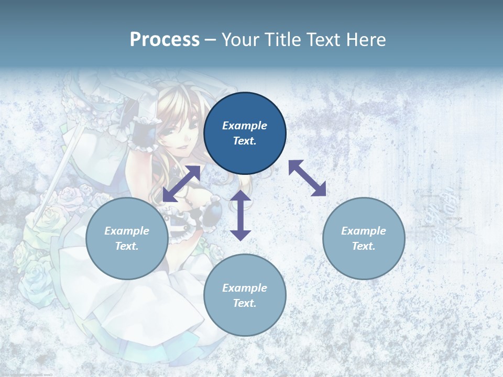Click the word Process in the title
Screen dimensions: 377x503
(165, 40)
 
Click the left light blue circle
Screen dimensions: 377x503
(127, 238)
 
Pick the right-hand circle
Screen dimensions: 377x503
(364, 238)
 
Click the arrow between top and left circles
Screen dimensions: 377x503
(181, 184)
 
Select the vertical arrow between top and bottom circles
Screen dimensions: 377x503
(240, 215)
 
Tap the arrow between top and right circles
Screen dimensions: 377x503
(307, 178)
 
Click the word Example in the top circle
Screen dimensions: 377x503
(245, 126)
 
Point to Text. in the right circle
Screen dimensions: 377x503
(364, 246)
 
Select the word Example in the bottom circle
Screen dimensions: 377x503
(245, 288)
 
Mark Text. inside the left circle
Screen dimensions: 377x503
(127, 246)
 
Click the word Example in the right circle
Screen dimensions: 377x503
(364, 231)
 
